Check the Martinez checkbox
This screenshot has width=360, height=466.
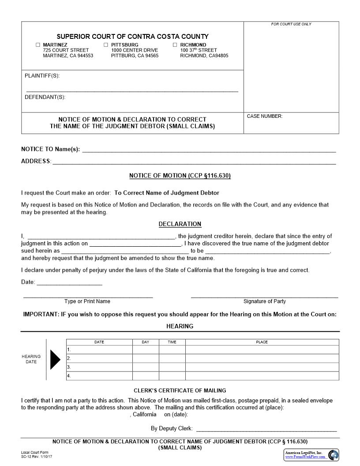point(38,45)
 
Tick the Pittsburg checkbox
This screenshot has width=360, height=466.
point(106,45)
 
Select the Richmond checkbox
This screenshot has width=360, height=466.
point(175,45)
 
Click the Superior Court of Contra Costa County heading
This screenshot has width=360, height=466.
point(132,37)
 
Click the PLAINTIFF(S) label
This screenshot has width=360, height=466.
point(42,76)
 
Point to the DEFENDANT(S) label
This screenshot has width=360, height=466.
point(45,97)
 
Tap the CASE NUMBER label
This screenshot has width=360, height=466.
point(265,116)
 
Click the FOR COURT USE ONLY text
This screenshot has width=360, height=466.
point(291,24)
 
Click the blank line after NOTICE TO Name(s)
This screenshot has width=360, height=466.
point(209,149)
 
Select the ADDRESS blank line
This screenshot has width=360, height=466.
point(194,162)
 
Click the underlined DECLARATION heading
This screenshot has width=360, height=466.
point(180,224)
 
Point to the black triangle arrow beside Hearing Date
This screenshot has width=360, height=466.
point(55,359)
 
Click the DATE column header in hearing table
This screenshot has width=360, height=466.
point(99,342)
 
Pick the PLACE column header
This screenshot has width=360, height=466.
point(262,342)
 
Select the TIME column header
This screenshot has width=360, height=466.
point(172,342)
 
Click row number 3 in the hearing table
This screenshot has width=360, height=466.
point(69,367)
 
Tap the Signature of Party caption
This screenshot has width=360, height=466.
point(264,301)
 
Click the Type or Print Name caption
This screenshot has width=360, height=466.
point(87,301)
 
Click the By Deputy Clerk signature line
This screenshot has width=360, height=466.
point(266,429)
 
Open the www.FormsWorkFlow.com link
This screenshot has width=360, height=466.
point(305,457)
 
